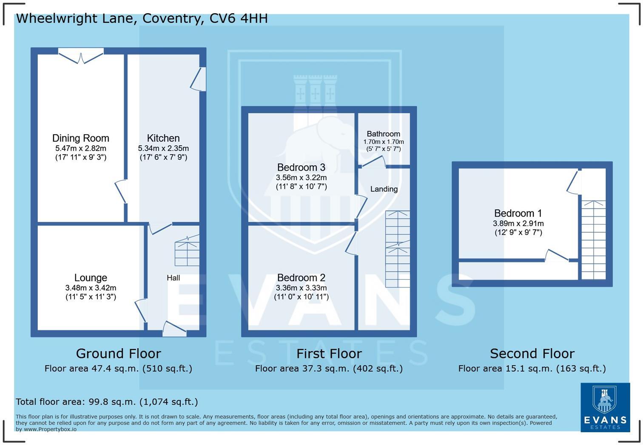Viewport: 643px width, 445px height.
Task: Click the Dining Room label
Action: coord(81,138)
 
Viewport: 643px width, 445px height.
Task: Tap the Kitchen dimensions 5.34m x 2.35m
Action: coord(163,149)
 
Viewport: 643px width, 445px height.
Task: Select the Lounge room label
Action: coord(91,278)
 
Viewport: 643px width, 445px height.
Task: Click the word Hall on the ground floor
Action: coord(173,278)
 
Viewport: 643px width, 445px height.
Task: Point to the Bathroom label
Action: coord(383,134)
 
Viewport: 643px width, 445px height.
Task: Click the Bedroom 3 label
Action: coord(301,167)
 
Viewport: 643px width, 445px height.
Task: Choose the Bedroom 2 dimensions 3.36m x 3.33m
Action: coord(301,288)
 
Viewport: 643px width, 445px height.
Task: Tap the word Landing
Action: coord(384,189)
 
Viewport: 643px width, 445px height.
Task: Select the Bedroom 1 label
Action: coord(518,213)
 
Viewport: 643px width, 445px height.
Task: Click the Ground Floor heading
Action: coord(118,353)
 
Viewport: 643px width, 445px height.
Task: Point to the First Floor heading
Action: coord(329,353)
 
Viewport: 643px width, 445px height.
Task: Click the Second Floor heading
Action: coord(532,353)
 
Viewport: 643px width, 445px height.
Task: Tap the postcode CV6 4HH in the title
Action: coord(239,18)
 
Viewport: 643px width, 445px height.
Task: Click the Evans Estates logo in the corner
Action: coord(605,407)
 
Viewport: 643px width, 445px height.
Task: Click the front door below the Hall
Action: coord(174,329)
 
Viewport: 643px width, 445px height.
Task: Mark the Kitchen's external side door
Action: coord(199,79)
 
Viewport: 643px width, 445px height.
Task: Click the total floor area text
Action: coord(107,402)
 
